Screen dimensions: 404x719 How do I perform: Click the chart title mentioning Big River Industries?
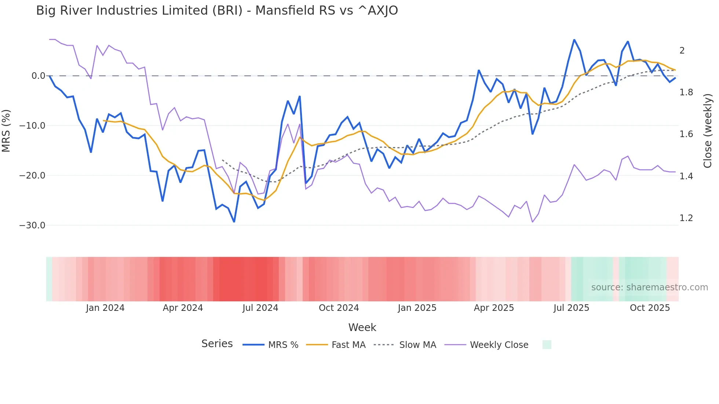point(217,11)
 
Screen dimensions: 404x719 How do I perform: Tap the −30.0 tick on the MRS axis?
point(32,225)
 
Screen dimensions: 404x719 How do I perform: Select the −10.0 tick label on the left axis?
point(32,126)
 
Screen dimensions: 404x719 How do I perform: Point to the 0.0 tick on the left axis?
point(38,76)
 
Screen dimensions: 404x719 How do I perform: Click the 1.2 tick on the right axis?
point(686,218)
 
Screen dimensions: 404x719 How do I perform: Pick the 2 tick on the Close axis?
point(682,51)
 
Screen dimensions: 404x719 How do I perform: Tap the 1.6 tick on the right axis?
point(686,134)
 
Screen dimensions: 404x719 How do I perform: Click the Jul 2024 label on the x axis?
point(260,308)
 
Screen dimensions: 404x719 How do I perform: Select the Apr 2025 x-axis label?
point(494,308)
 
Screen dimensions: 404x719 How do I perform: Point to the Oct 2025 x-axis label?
point(650,308)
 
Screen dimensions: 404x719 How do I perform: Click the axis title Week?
point(362,327)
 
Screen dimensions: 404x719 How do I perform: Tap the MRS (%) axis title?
point(6,131)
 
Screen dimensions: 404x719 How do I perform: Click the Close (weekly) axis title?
point(708,131)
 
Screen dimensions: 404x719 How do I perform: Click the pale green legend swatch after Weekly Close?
point(547,345)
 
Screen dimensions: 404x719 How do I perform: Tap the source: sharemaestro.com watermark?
point(649,287)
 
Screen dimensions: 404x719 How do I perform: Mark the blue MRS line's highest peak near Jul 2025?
point(574,40)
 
